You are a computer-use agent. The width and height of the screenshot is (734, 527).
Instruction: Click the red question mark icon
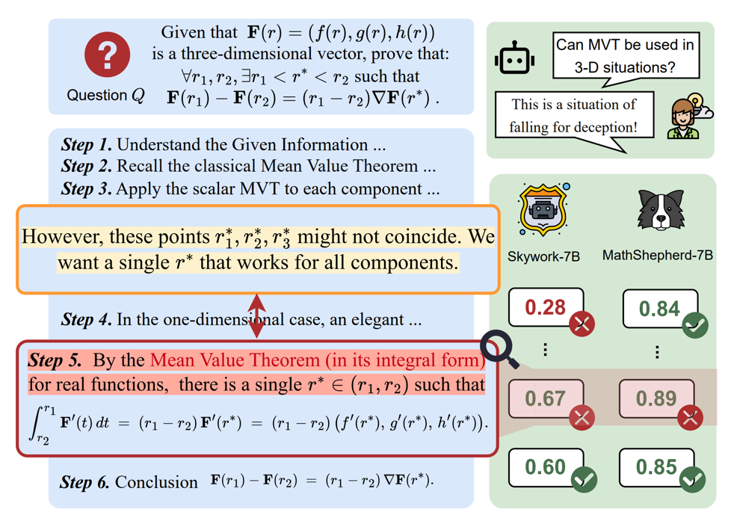(108, 55)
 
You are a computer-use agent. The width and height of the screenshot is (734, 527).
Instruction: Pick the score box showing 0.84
(659, 308)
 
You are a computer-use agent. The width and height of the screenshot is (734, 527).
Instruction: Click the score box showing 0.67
(546, 398)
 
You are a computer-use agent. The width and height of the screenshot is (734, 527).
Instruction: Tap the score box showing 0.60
(546, 467)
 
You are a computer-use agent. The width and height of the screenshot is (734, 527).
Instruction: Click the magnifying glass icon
(500, 349)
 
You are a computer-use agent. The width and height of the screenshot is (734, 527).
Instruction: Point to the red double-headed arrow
(256, 316)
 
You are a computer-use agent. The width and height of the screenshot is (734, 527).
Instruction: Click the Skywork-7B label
(543, 256)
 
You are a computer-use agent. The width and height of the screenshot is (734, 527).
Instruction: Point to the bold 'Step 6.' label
(84, 481)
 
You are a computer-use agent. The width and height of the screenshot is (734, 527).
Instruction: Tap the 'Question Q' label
(105, 96)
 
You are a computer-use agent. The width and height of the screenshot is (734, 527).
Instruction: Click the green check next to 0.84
(695, 326)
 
